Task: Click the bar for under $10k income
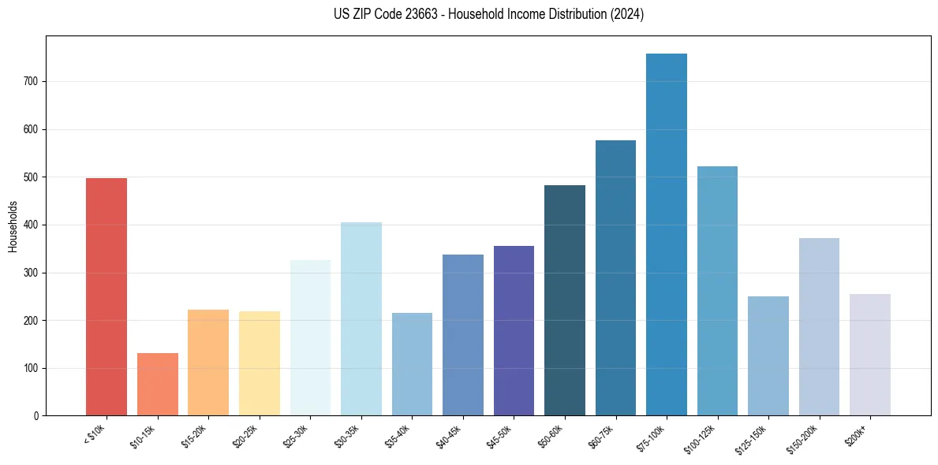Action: pos(107,297)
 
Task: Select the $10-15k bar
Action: pos(158,385)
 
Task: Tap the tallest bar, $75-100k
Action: pos(667,235)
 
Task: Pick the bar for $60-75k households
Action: pos(615,278)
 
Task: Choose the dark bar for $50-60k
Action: pos(565,300)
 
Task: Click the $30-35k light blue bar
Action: pos(361,319)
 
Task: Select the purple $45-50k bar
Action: pos(514,331)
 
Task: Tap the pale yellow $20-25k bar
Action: pos(260,363)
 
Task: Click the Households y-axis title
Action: pos(13,226)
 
